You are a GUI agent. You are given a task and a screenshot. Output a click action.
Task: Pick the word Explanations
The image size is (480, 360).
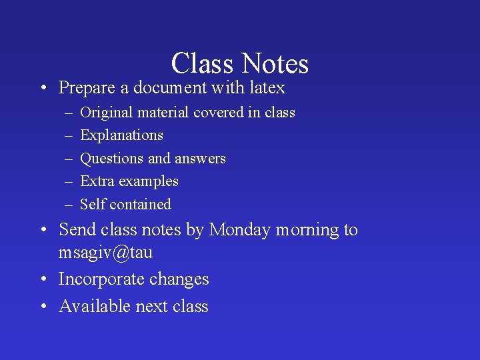point(121,135)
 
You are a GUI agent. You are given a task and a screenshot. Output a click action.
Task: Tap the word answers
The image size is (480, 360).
point(200,159)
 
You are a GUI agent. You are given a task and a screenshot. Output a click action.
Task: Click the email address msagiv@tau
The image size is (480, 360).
point(105,253)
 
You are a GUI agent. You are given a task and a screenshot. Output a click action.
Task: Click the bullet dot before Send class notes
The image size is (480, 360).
point(43,231)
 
